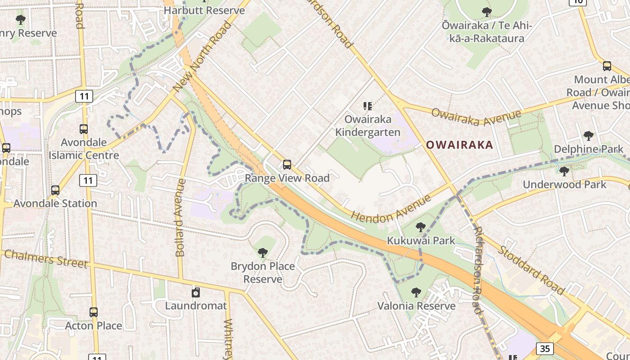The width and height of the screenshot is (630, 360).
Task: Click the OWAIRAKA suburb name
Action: (x=459, y=145)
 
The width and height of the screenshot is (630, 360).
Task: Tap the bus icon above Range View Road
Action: (x=287, y=165)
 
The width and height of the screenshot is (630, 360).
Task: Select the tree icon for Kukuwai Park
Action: (x=421, y=227)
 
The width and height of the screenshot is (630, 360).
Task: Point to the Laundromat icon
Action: (x=196, y=293)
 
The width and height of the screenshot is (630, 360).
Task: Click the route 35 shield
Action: (x=545, y=348)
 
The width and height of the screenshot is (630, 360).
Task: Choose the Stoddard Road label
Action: (x=531, y=270)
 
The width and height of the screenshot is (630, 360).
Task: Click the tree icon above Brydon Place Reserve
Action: (x=263, y=253)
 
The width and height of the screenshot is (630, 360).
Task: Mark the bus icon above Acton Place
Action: (x=94, y=312)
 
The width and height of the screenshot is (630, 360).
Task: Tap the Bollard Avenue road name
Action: (x=180, y=218)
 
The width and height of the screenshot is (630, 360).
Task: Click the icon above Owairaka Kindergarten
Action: (x=368, y=106)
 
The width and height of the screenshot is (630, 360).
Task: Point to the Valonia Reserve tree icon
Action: (x=416, y=292)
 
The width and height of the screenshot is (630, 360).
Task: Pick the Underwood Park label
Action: (x=564, y=184)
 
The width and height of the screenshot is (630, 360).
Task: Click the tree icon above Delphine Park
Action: (x=588, y=135)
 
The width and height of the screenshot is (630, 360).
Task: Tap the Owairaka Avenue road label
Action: (x=476, y=117)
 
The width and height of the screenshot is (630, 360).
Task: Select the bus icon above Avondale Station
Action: (x=55, y=190)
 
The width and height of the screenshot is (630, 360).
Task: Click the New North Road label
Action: (x=203, y=57)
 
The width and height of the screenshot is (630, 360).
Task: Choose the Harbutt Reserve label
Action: (x=204, y=10)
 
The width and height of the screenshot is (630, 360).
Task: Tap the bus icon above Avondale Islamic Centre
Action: (x=84, y=129)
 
